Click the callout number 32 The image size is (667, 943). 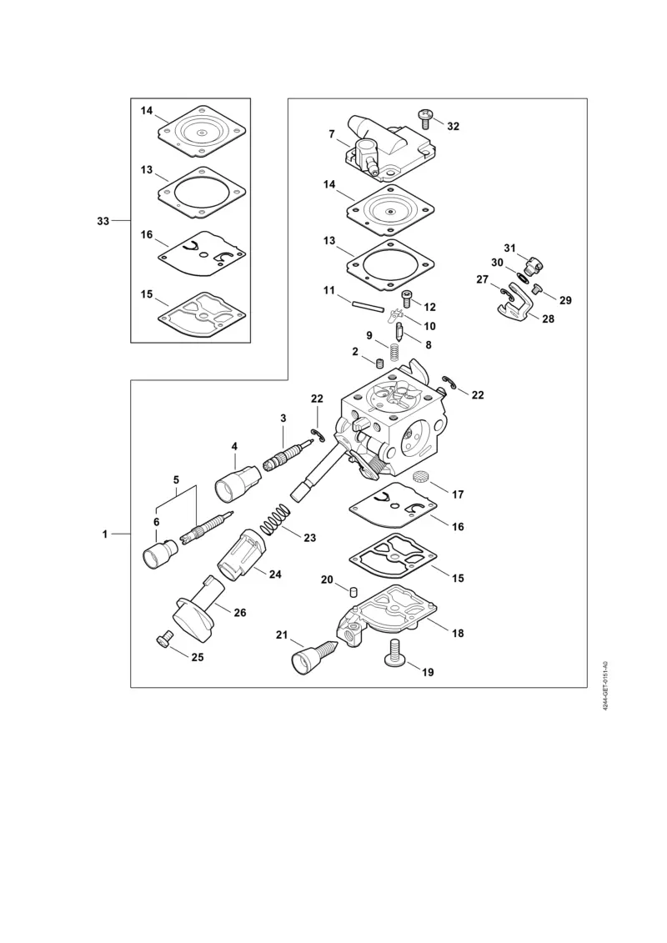pos(453,127)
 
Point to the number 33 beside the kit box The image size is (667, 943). pos(103,221)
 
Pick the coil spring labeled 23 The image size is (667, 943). pos(272,523)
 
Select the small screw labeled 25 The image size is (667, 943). pos(163,639)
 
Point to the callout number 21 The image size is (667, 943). pos(283,635)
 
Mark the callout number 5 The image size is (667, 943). pos(176,480)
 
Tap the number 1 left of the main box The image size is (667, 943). pos(105,534)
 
